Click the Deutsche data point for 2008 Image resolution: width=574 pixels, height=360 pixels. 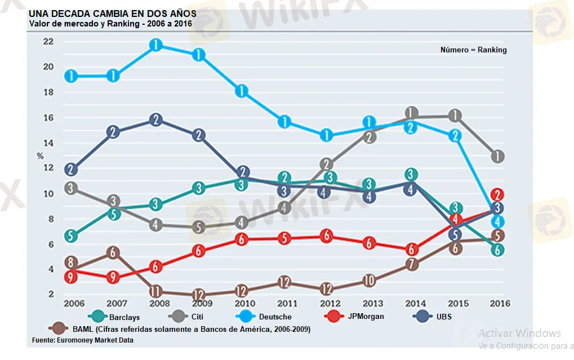[156, 45]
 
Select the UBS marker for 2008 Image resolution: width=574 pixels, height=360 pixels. [156, 119]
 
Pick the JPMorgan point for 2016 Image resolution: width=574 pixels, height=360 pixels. [497, 194]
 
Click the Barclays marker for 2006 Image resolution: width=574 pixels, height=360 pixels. [70, 236]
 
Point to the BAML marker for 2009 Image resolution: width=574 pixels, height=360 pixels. [198, 295]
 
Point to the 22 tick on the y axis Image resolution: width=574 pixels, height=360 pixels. [48, 41]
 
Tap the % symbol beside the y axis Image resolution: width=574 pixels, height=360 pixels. [40, 156]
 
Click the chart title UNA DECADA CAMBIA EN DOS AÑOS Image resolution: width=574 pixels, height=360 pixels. [112, 13]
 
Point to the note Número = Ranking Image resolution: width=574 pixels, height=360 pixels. [473, 50]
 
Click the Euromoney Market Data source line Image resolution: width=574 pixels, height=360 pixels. [82, 340]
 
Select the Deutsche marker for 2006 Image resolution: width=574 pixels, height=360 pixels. [70, 76]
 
